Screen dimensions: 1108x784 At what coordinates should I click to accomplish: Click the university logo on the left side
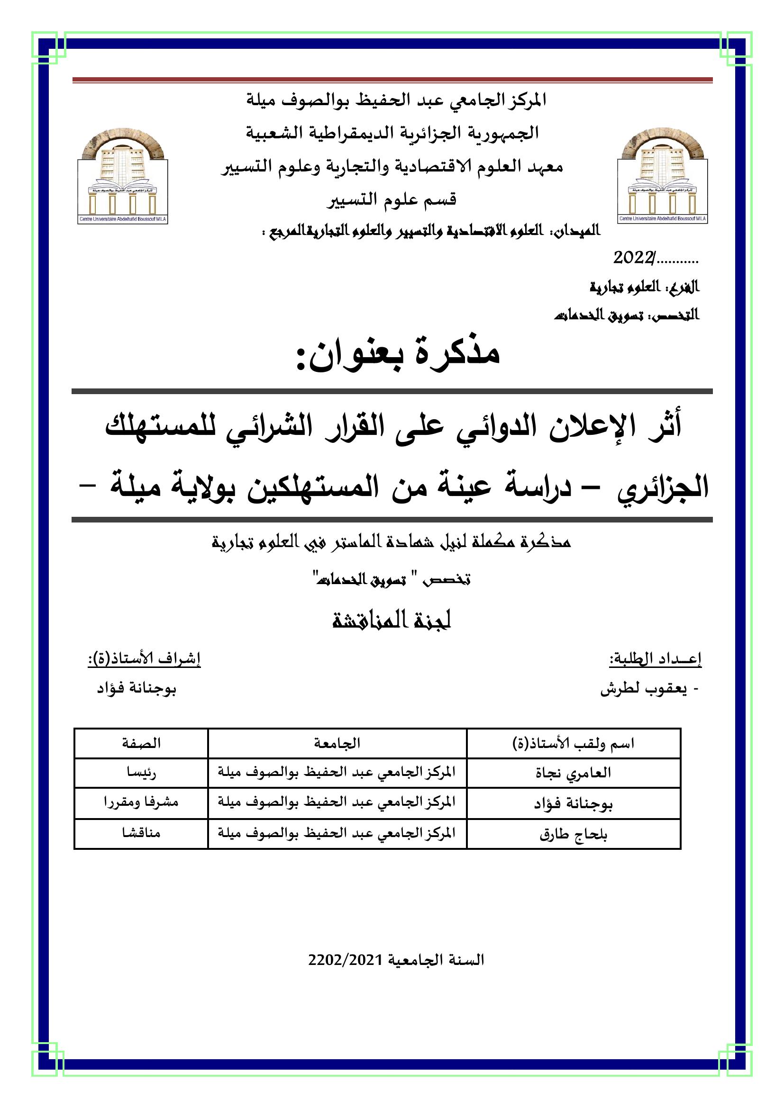coord(123,176)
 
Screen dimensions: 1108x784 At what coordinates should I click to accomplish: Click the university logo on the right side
coord(662,176)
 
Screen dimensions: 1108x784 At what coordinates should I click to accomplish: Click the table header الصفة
coord(141,743)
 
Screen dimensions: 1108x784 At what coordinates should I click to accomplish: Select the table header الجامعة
coord(337,743)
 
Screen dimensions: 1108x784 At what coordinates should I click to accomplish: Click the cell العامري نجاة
coord(574,773)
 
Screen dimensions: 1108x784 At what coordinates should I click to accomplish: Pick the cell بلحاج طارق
coord(574,835)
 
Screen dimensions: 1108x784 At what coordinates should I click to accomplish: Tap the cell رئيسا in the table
coord(141,773)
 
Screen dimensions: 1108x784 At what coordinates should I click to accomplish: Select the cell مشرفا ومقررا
coord(141,803)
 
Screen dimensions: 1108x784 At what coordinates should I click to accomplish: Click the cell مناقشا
coord(141,833)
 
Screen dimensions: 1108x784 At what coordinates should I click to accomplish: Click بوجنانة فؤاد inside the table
coord(574,804)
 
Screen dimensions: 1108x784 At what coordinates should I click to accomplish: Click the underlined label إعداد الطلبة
coord(656,659)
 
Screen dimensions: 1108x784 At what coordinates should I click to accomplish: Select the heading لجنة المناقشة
coord(392,620)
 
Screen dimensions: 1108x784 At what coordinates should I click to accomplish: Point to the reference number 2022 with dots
coord(655,259)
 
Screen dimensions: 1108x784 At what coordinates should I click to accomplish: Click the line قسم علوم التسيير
coord(392,199)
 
